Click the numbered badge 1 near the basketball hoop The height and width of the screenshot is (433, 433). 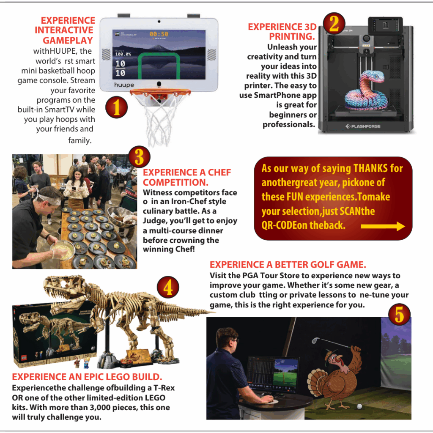pyautogui.click(x=117, y=107)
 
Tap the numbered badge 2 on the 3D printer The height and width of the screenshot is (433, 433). pyautogui.click(x=334, y=24)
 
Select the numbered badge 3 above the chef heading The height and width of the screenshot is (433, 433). pyautogui.click(x=139, y=157)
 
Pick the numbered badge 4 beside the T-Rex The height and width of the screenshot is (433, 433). pyautogui.click(x=168, y=287)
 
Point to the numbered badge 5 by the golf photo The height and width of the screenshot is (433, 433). pyautogui.click(x=399, y=315)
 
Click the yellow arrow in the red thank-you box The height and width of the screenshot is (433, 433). pyautogui.click(x=383, y=227)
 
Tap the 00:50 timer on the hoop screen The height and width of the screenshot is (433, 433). pyautogui.click(x=159, y=34)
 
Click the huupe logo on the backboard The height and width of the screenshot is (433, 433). pyautogui.click(x=124, y=85)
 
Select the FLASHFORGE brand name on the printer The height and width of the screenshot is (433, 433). pyautogui.click(x=363, y=126)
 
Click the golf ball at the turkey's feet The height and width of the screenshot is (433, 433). pyautogui.click(x=359, y=406)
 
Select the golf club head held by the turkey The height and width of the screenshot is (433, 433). pyautogui.click(x=315, y=340)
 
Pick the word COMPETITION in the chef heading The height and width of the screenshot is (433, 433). pyautogui.click(x=175, y=182)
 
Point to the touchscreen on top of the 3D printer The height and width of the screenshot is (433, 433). pyautogui.click(x=385, y=26)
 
